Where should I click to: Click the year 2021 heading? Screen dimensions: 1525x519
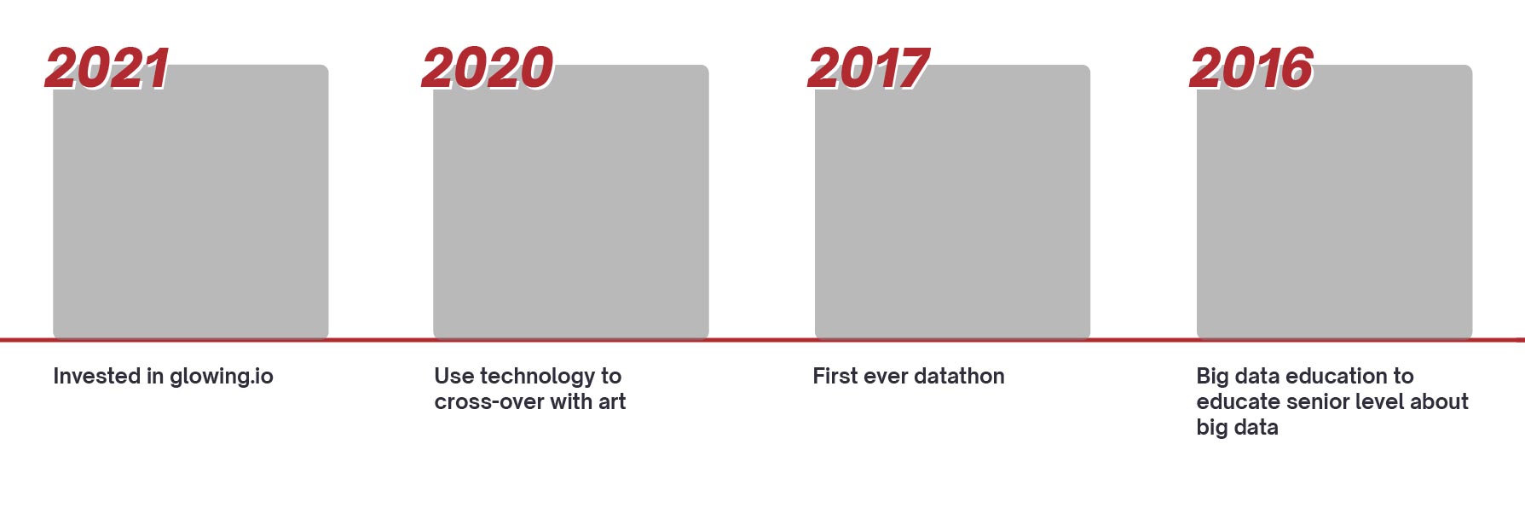click(x=107, y=68)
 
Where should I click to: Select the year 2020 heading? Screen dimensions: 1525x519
click(x=488, y=68)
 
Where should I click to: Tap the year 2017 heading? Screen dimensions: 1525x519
click(x=869, y=68)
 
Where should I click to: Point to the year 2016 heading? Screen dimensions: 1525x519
click(x=1251, y=68)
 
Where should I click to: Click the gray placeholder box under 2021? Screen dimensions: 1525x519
click(x=191, y=202)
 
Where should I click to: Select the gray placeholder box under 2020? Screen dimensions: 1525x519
click(x=571, y=202)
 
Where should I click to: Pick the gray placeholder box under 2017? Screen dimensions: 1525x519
click(x=952, y=202)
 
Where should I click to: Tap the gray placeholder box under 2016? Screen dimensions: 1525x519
click(x=1334, y=202)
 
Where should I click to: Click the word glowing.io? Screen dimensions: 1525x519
click(x=222, y=378)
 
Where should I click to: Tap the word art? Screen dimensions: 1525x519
click(x=612, y=402)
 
